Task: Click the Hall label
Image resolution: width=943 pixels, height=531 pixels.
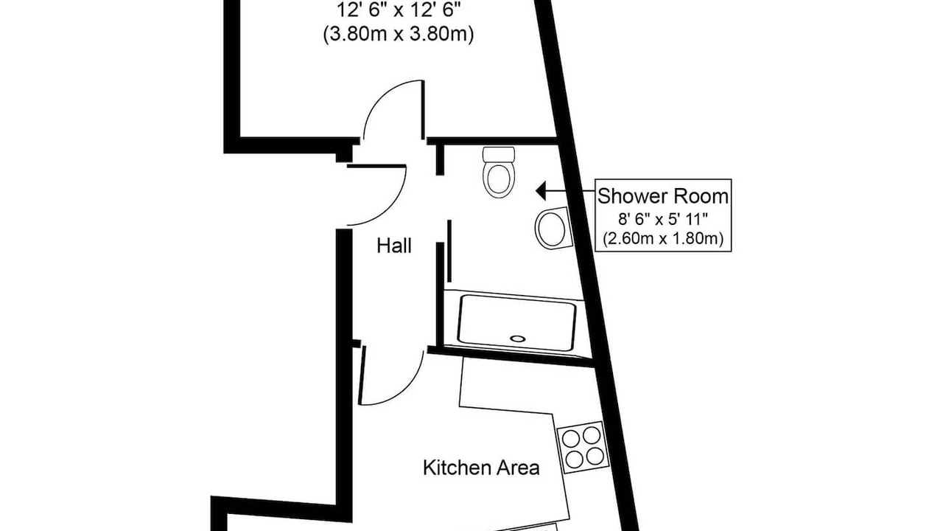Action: click(x=393, y=246)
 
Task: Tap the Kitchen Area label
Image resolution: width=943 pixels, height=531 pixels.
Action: click(x=481, y=468)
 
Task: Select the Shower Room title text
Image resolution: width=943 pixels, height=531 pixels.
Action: click(x=663, y=196)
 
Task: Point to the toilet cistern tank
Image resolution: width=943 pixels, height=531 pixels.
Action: click(x=499, y=155)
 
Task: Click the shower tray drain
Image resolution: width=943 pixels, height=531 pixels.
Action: click(x=517, y=339)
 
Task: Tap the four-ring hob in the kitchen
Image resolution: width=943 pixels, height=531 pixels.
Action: click(x=583, y=447)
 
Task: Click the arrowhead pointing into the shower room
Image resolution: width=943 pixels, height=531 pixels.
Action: click(x=541, y=191)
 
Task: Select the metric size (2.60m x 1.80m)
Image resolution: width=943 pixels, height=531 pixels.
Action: click(x=663, y=239)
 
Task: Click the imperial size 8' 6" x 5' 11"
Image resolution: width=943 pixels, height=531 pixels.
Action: click(x=663, y=219)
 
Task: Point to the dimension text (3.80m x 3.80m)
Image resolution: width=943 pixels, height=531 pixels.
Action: click(x=399, y=34)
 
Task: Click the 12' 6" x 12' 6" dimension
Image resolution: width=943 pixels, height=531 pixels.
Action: click(x=399, y=10)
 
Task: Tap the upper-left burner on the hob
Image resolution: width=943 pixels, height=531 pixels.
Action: click(x=571, y=439)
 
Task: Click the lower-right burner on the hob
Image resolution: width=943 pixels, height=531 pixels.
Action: click(x=595, y=457)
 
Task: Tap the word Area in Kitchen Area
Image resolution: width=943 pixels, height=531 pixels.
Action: click(x=518, y=468)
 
